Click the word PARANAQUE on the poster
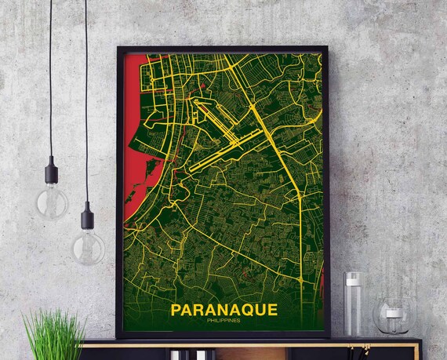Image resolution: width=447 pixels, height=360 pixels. [x=223, y=310]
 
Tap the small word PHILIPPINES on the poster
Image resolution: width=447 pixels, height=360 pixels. [x=223, y=321]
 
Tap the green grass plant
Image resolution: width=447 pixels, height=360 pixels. [x=54, y=333]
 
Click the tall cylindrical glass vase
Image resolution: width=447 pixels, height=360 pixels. [x=352, y=303]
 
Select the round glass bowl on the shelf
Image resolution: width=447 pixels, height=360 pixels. [x=393, y=315]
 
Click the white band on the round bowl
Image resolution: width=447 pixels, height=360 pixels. [x=393, y=311]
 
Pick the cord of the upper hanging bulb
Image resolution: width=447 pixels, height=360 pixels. [x=52, y=78]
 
